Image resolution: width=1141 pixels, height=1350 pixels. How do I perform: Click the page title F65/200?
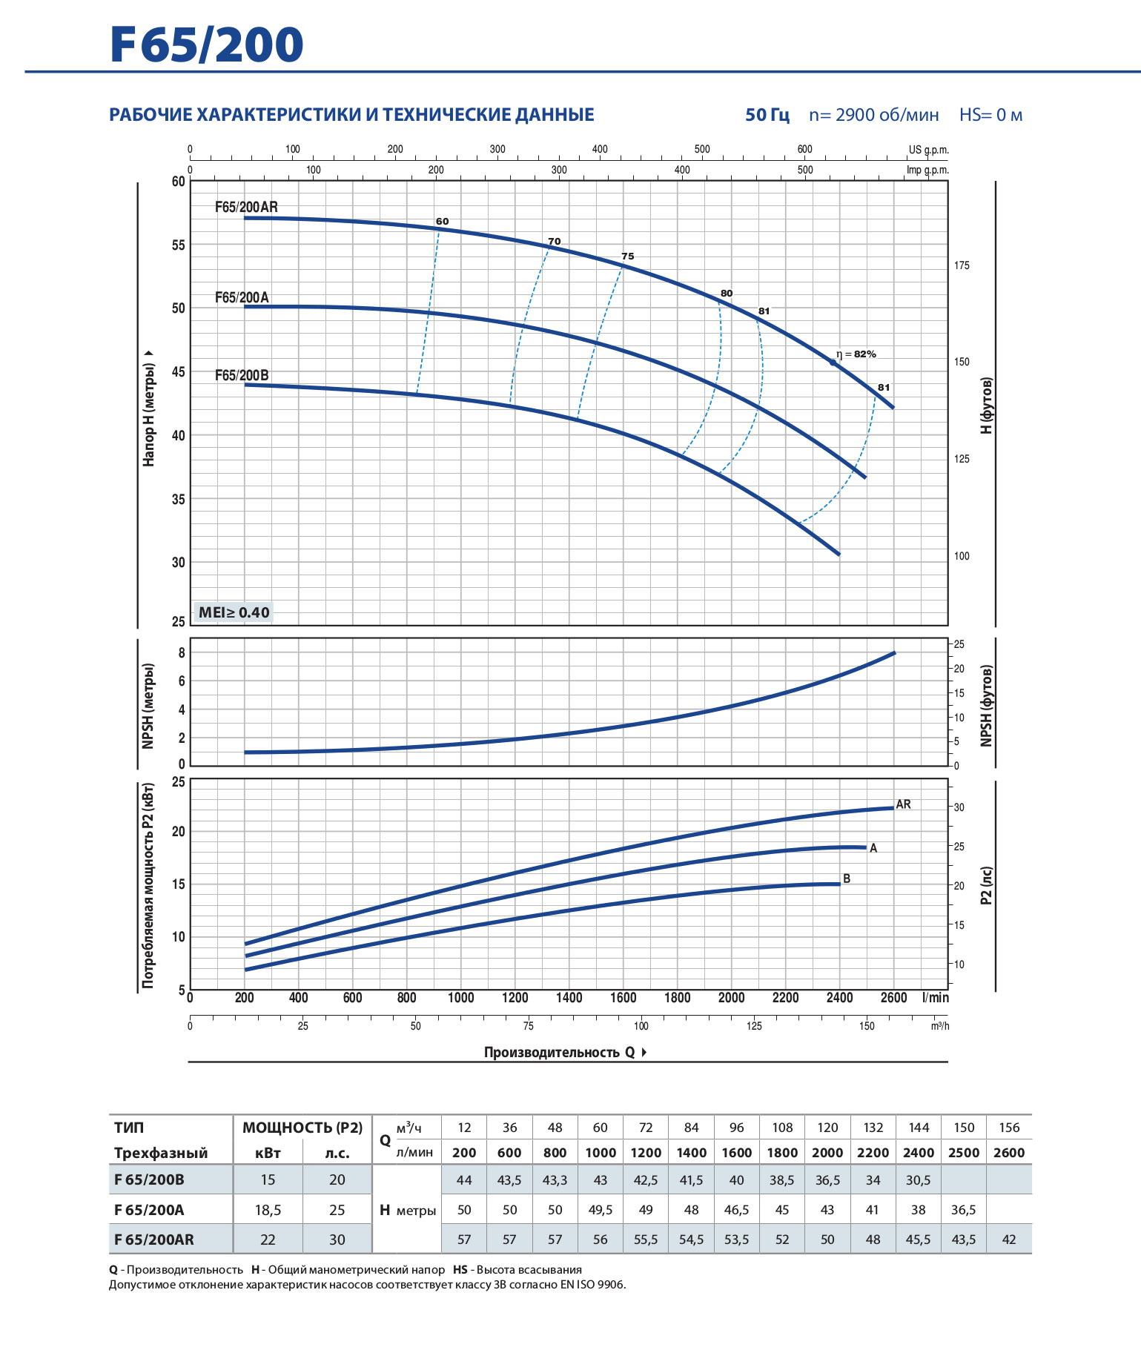(207, 44)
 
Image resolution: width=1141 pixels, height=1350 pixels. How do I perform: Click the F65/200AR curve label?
(246, 208)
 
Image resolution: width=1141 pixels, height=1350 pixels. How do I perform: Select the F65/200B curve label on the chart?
(242, 375)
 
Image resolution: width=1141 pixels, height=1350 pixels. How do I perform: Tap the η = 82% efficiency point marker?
(833, 362)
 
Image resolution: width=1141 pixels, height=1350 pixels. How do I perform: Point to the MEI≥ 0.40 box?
(234, 612)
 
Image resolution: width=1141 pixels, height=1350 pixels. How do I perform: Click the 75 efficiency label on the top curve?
(627, 257)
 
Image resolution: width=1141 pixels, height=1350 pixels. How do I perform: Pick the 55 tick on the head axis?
(179, 245)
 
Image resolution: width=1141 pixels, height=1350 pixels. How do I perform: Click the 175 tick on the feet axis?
(962, 265)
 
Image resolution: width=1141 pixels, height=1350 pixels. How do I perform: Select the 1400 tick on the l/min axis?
(569, 998)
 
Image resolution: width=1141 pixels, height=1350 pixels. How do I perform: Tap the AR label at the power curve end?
(903, 804)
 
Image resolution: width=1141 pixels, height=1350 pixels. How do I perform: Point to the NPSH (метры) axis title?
(148, 706)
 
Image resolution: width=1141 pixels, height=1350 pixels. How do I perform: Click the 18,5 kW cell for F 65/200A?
(268, 1210)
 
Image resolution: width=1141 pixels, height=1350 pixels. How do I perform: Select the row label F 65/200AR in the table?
(154, 1240)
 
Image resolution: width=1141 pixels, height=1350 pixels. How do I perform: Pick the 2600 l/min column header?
(1009, 1153)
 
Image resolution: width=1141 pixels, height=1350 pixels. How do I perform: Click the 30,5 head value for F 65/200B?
(919, 1180)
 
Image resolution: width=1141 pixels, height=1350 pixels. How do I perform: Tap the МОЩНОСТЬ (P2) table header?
(302, 1128)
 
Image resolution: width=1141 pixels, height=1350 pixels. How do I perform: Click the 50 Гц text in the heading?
(767, 115)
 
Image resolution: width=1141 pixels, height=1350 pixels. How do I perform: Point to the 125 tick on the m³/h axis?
(754, 1026)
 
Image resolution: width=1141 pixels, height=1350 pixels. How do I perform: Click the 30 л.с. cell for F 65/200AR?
(337, 1240)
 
